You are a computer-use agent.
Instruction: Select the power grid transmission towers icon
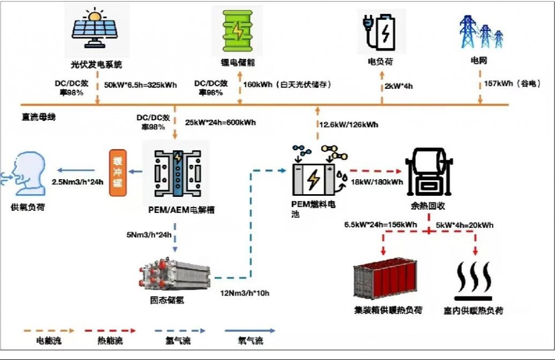click(482, 32)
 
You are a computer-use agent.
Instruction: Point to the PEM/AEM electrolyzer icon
click(177, 172)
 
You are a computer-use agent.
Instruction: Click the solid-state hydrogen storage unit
click(175, 276)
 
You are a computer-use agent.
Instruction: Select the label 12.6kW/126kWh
click(348, 125)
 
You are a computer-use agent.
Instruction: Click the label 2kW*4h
click(398, 86)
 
